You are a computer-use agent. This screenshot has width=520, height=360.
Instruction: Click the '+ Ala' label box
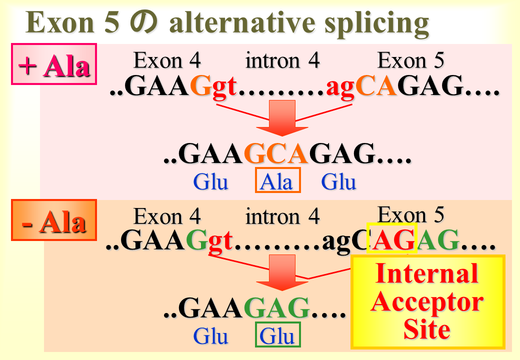(53, 64)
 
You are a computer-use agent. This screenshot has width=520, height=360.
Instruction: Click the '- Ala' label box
(53, 220)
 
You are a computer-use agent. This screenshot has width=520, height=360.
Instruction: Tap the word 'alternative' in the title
(242, 22)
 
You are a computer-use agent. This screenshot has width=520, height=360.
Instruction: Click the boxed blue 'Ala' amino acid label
(277, 180)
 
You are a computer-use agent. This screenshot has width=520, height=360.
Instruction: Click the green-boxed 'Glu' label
(277, 335)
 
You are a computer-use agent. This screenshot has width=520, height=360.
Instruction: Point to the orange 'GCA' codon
(276, 153)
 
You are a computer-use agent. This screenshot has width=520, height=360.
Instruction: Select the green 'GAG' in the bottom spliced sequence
(276, 307)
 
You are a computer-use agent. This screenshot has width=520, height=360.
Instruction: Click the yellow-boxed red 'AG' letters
(392, 238)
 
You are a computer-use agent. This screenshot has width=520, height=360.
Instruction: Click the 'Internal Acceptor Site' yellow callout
(428, 301)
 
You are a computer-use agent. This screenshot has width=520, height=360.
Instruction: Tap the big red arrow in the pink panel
(282, 117)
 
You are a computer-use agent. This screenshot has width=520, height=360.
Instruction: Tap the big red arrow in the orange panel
(282, 272)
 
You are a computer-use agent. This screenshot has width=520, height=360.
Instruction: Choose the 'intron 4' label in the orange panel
(282, 217)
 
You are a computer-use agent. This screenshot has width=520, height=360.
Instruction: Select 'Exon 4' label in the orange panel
(167, 217)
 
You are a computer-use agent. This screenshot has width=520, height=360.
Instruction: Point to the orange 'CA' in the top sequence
(375, 85)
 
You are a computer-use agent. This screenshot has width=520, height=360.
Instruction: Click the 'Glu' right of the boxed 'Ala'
(338, 181)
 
